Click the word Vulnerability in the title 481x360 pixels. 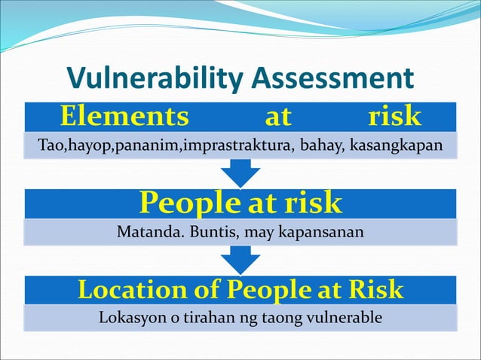tap(155, 78)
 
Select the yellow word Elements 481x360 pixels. tap(124, 117)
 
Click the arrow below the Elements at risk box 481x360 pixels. tap(240, 172)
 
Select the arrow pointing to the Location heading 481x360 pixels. tap(240, 260)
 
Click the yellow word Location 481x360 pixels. tap(133, 290)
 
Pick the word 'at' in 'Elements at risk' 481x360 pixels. tap(278, 117)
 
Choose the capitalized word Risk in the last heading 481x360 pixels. tap(375, 290)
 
